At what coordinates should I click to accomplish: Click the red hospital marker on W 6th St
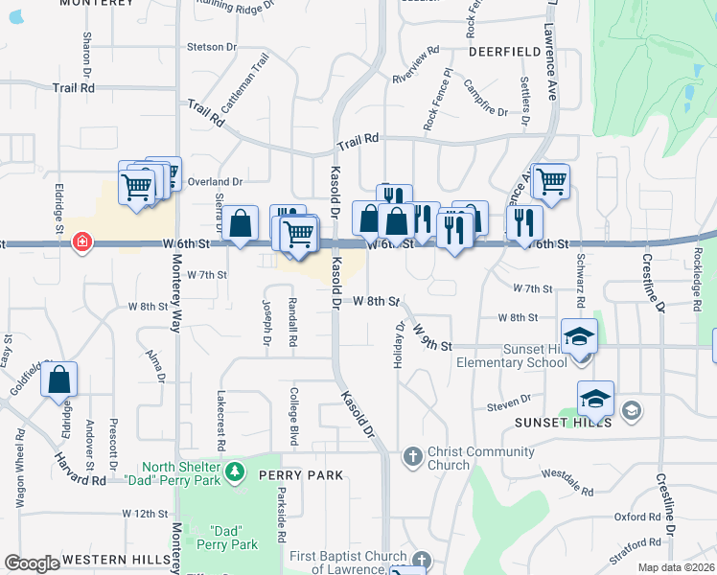pyautogui.click(x=83, y=241)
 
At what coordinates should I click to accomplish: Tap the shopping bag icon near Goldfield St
pyautogui.click(x=59, y=380)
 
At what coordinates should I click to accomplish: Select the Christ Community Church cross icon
pyautogui.click(x=413, y=455)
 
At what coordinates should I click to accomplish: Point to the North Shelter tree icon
pyautogui.click(x=235, y=472)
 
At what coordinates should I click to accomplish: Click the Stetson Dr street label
pyautogui.click(x=212, y=46)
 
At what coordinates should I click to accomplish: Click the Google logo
pyautogui.click(x=31, y=563)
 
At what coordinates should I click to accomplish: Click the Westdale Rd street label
pyautogui.click(x=567, y=481)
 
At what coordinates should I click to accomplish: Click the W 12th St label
pyautogui.click(x=146, y=514)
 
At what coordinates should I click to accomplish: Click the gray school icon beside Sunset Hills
pyautogui.click(x=631, y=411)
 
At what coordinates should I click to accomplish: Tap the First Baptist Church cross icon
pyautogui.click(x=421, y=559)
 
